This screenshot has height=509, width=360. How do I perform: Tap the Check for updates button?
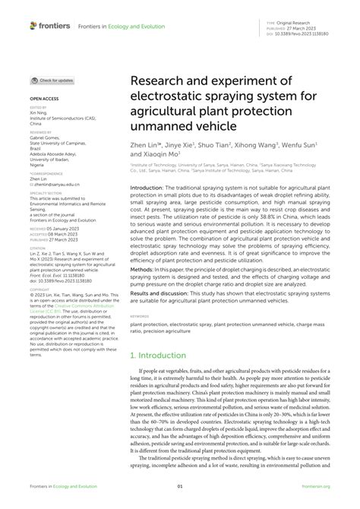tap(52, 80)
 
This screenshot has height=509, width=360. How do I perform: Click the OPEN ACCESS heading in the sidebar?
tap(44, 99)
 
